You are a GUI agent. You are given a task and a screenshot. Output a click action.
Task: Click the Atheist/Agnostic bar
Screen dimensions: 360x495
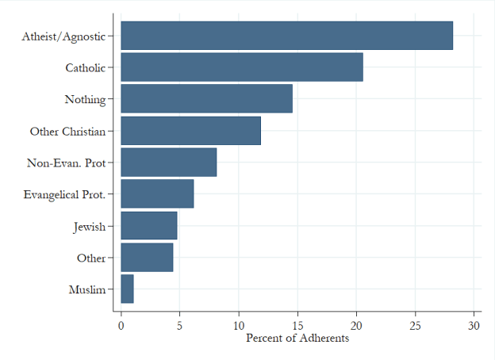[286, 36]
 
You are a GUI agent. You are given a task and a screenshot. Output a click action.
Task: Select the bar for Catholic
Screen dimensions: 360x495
[242, 67]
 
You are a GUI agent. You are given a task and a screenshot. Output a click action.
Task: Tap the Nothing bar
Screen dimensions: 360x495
[206, 99]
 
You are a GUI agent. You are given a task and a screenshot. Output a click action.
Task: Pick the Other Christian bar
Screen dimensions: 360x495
[190, 131]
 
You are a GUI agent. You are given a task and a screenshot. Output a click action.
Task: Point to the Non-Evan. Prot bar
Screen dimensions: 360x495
[168, 163]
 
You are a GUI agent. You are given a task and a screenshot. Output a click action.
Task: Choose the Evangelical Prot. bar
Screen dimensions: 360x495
[157, 194]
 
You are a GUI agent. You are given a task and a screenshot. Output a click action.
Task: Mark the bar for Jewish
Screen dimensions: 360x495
[149, 226]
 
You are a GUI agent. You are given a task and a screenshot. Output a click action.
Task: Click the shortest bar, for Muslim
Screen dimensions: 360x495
[127, 289]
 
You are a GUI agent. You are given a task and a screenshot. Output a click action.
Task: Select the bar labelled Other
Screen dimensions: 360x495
[147, 258]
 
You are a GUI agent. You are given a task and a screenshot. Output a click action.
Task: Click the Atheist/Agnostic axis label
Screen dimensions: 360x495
[63, 36]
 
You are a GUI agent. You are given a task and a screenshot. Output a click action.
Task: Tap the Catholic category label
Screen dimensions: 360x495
[85, 67]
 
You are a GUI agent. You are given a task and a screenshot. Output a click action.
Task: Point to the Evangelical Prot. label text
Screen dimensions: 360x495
[64, 194]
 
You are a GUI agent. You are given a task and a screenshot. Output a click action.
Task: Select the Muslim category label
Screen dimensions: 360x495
[87, 289]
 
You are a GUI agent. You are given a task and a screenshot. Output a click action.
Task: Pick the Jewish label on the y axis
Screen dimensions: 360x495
[89, 226]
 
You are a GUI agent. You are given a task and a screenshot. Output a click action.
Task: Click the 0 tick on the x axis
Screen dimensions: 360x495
[121, 325]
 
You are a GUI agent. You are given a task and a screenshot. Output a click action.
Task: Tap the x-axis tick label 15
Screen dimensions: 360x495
[297, 325]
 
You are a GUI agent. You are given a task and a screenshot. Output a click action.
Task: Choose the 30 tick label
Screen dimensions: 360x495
[474, 325]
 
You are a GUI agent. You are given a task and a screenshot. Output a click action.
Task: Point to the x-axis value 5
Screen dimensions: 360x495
[179, 325]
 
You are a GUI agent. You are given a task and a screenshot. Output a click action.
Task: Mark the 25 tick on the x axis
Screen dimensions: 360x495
[415, 325]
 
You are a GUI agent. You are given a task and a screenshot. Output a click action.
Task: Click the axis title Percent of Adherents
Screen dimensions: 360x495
[297, 339]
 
